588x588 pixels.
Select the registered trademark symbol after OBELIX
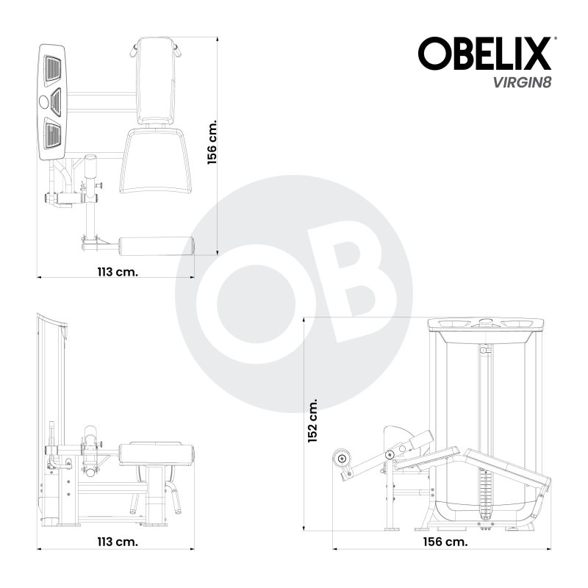click(x=554, y=38)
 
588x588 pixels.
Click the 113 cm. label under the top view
click(x=117, y=271)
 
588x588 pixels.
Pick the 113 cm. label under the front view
click(x=117, y=542)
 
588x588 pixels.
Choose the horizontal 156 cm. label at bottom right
click(x=445, y=542)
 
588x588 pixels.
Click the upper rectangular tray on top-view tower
click(x=53, y=71)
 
